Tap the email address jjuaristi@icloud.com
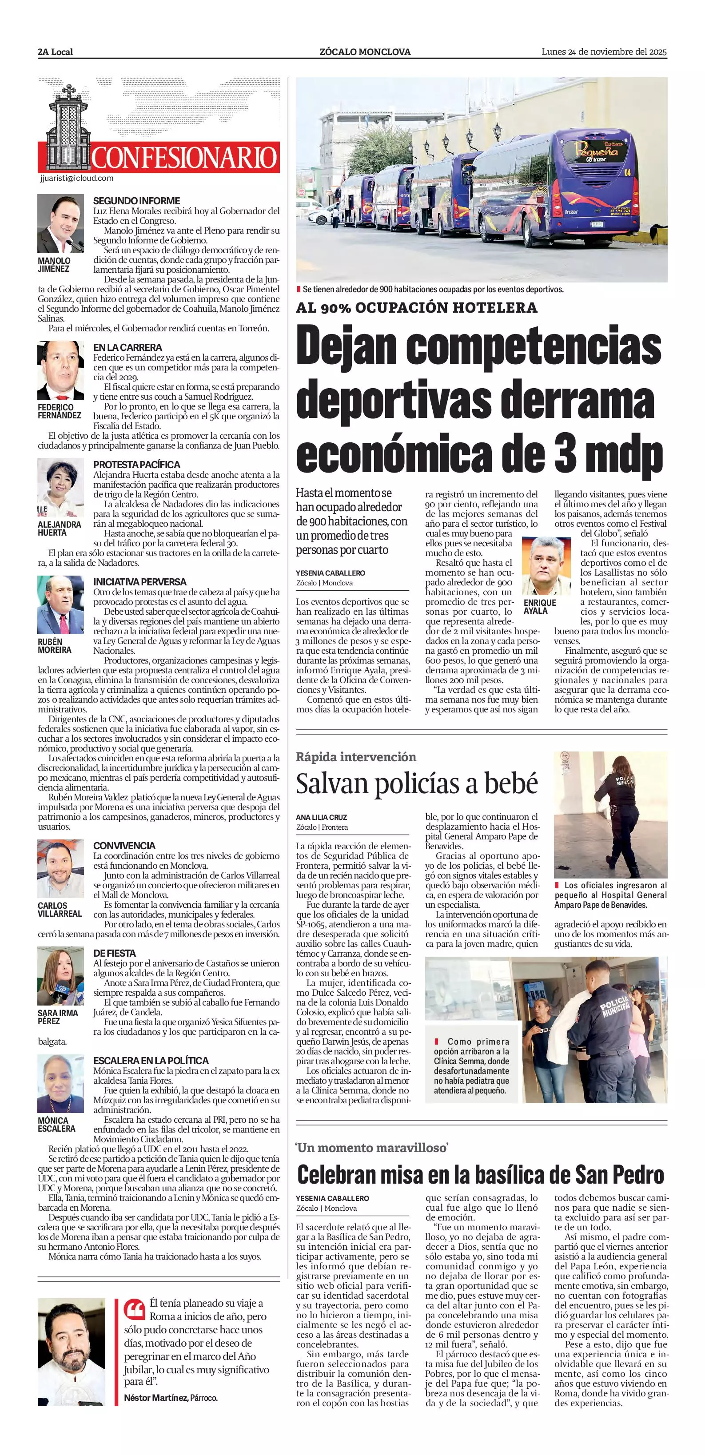pos(77,178)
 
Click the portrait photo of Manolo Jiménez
pos(60,224)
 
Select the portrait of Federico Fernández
pos(60,370)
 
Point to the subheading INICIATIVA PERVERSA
pos(139,582)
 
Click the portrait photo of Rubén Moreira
pos(60,605)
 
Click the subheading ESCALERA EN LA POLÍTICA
pos(151,1061)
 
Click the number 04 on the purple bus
pos(627,172)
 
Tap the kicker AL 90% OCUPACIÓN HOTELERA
pos(416,308)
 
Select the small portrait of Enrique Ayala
pos(542,566)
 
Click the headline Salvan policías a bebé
pos(417,783)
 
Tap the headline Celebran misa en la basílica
pos(480,1175)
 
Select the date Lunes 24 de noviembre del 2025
pos(604,52)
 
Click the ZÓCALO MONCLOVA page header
pos(365,52)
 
